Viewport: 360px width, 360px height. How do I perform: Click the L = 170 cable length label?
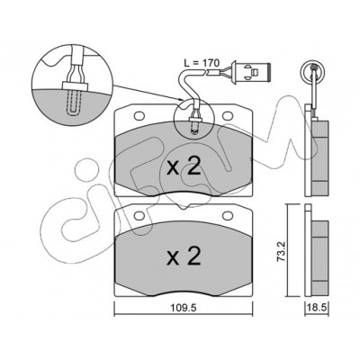pyautogui.click(x=202, y=63)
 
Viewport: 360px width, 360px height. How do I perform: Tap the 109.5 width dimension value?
pyautogui.click(x=183, y=308)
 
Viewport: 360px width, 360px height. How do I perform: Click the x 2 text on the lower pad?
pyautogui.click(x=184, y=256)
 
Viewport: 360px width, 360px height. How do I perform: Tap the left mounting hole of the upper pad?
pyautogui.click(x=139, y=115)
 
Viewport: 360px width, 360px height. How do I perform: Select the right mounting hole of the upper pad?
pyautogui.click(x=228, y=115)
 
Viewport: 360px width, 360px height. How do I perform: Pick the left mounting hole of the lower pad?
pyautogui.click(x=139, y=215)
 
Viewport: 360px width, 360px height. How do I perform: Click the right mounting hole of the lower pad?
pyautogui.click(x=228, y=215)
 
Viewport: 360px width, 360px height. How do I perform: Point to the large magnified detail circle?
pyautogui.click(x=72, y=85)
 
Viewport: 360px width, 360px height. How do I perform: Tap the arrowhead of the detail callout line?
pyautogui.click(x=181, y=100)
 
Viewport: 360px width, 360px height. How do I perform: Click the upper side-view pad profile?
pyautogui.click(x=317, y=150)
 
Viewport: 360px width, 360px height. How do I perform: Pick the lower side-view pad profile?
pyautogui.click(x=317, y=251)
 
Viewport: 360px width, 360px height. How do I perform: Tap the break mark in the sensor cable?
pyautogui.click(x=206, y=72)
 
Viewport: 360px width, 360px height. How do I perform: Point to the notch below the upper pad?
pyautogui.click(x=183, y=206)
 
